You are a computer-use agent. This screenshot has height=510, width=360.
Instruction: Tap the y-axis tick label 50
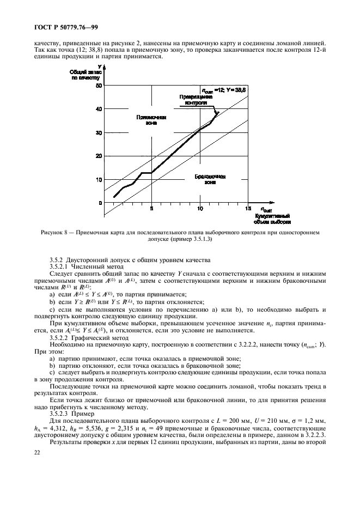point(99,86)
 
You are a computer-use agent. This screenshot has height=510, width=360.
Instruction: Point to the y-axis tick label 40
point(99,109)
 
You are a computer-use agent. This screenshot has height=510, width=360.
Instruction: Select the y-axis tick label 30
point(99,132)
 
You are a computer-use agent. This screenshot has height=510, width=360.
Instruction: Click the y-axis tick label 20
point(99,156)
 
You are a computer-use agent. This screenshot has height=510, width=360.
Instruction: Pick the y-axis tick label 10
point(99,179)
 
